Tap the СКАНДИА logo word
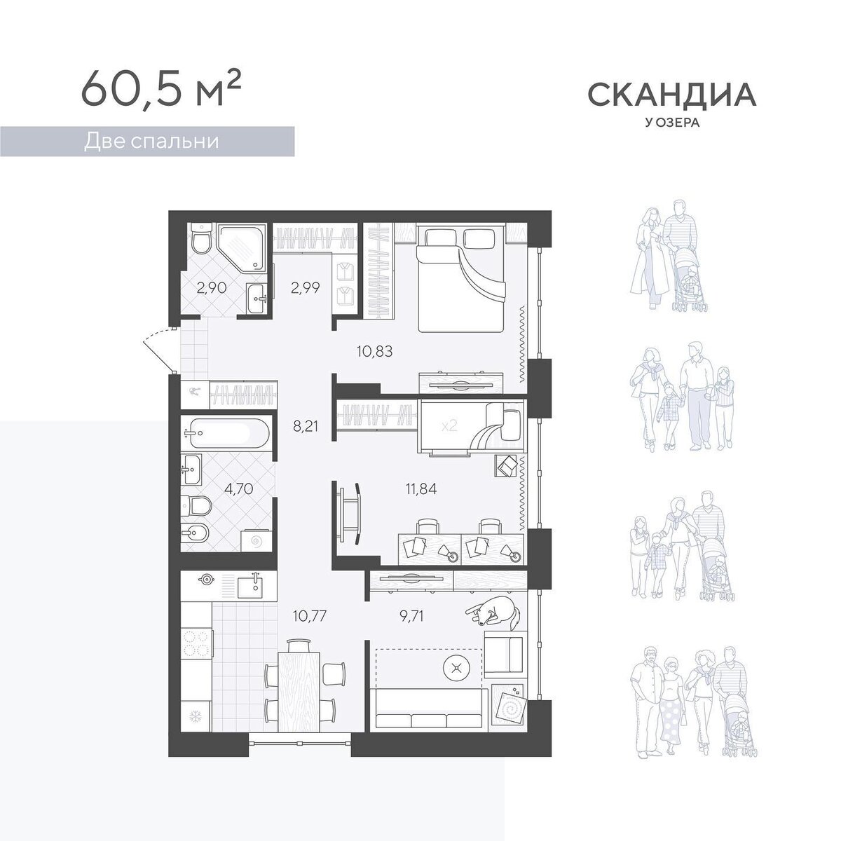point(672,95)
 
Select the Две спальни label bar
point(147,142)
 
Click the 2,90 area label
point(212,288)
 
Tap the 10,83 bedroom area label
point(375,351)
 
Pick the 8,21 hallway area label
point(305,426)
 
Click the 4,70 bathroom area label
point(238,488)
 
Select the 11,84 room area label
point(420,488)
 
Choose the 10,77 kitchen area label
point(310,616)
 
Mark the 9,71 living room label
point(411,616)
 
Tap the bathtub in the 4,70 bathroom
point(225,432)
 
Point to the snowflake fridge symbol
point(194,716)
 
